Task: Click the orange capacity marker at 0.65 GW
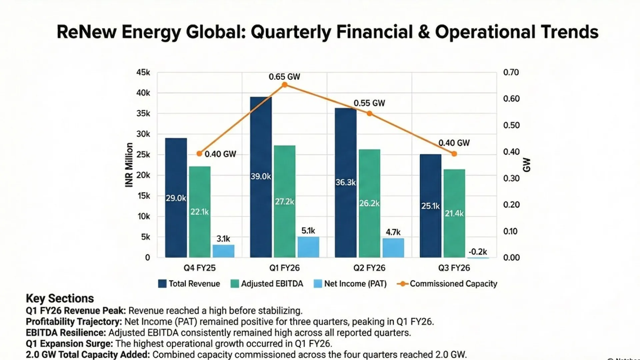tap(284, 85)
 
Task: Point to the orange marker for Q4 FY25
tap(199, 154)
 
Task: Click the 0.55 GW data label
tap(369, 103)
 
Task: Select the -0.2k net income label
tap(478, 252)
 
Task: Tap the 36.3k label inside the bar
tap(345, 182)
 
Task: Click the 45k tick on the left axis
tap(143, 72)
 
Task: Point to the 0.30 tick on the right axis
tap(511, 178)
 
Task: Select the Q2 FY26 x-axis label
tap(369, 268)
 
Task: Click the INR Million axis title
tap(129, 165)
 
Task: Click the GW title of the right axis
tap(526, 165)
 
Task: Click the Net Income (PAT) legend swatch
tap(318, 284)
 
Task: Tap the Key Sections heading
tap(60, 298)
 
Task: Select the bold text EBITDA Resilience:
tap(66, 333)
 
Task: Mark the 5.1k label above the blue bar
tap(308, 231)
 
